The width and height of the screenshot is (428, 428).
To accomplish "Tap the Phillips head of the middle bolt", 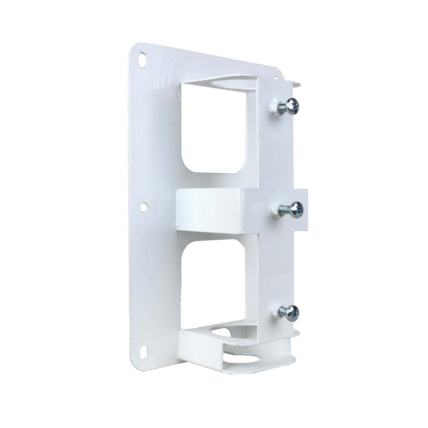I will pos(296,209).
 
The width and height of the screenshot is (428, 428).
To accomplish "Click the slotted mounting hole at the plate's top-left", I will pos(141,59).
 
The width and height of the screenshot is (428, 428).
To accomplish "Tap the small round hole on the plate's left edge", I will pos(143,207).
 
